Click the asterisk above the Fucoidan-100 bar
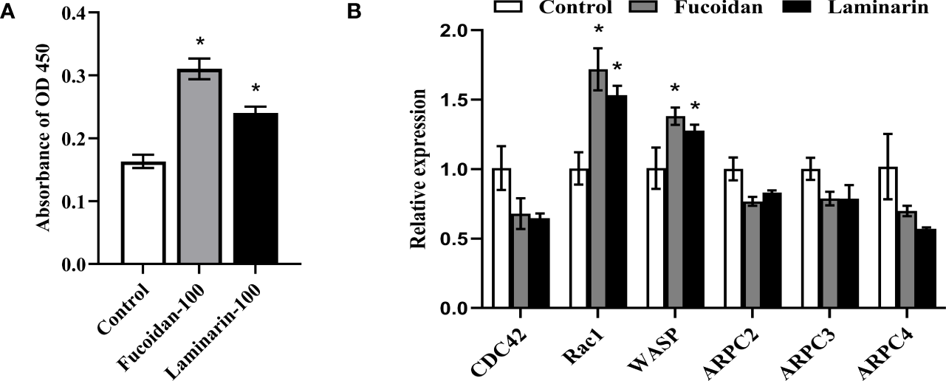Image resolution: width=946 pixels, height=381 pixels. [199, 41]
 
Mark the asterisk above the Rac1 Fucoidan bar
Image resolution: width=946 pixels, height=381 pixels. [598, 31]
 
